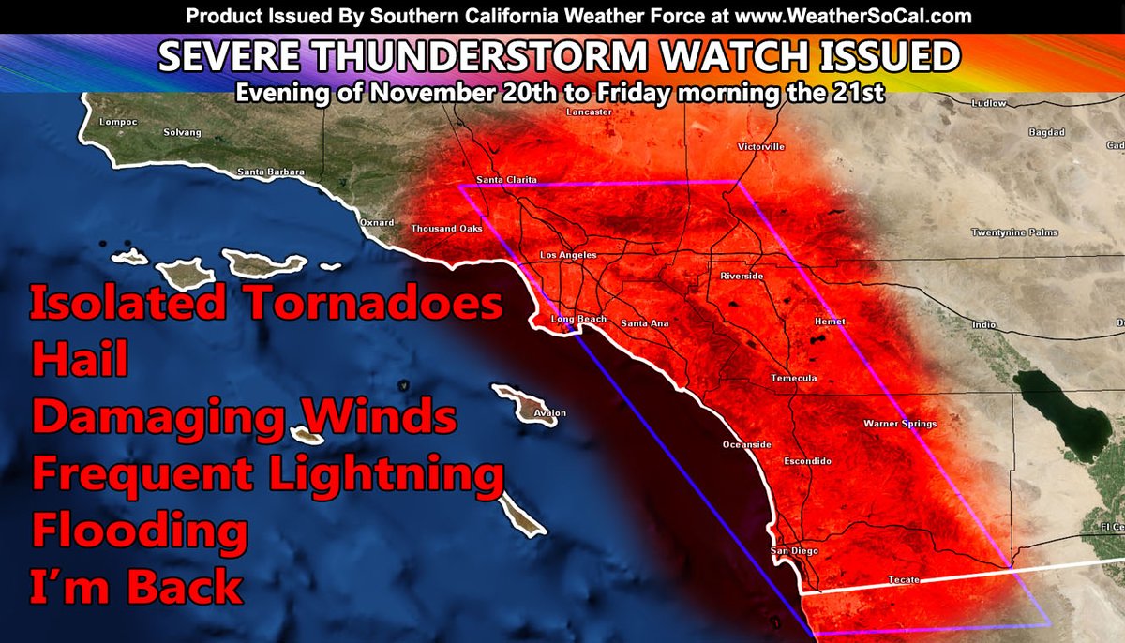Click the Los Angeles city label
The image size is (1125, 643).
click(x=568, y=255)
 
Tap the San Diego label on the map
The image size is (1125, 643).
click(x=787, y=550)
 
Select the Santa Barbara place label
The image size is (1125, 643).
click(x=271, y=172)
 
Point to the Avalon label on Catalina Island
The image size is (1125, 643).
click(x=550, y=412)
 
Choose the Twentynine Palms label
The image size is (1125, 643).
click(x=1014, y=232)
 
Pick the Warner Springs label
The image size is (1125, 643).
click(x=900, y=424)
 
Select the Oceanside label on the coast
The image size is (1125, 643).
click(x=746, y=444)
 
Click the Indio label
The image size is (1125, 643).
click(x=983, y=325)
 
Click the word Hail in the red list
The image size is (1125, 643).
click(x=80, y=358)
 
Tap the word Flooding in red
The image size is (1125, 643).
click(x=141, y=531)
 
